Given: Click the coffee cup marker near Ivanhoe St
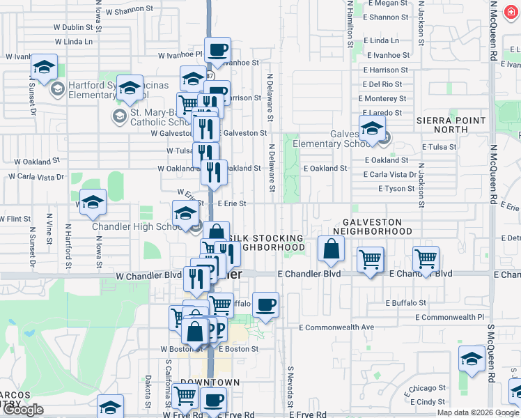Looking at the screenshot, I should (218, 50).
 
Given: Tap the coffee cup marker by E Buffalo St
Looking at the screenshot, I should (265, 304).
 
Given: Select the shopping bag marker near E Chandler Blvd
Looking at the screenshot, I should (331, 248).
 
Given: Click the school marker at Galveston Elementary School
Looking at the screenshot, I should (372, 129).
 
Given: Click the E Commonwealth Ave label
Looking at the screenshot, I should (336, 327).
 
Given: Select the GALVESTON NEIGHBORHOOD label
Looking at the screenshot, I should (372, 226).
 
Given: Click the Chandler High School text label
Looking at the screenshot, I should (138, 227).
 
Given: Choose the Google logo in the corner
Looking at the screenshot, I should (23, 410).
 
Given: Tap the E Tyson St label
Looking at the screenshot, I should (397, 189).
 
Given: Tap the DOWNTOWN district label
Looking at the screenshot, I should (210, 382).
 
